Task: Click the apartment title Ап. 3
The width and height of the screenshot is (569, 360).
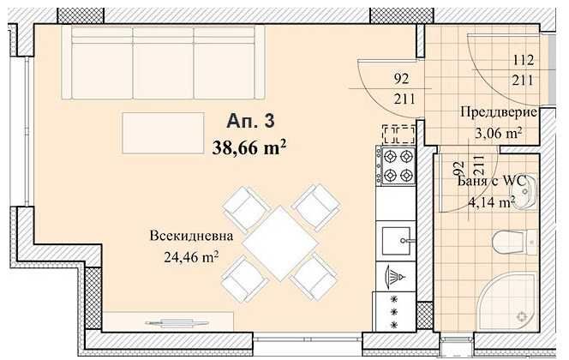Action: tap(250, 121)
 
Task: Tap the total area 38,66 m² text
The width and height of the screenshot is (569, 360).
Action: tap(249, 147)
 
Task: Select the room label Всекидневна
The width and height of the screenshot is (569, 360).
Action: tap(191, 236)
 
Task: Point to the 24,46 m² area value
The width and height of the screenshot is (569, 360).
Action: tap(191, 257)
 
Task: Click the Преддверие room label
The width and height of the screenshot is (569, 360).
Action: tap(499, 112)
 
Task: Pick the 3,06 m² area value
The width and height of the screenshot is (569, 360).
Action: tap(499, 133)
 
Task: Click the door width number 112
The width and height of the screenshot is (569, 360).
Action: tap(523, 60)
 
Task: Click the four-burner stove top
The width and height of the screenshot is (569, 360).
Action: tap(396, 165)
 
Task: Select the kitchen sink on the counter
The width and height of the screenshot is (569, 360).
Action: tap(396, 241)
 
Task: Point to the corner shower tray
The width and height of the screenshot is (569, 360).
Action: tap(509, 304)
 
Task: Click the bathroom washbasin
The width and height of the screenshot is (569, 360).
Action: tap(524, 192)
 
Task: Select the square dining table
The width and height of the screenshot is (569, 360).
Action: tap(280, 243)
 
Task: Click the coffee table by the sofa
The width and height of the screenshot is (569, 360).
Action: tap(164, 133)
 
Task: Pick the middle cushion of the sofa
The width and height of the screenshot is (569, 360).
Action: tap(164, 63)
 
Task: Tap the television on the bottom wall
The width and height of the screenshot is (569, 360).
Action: tap(177, 322)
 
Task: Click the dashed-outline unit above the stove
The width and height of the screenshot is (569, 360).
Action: tap(398, 135)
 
